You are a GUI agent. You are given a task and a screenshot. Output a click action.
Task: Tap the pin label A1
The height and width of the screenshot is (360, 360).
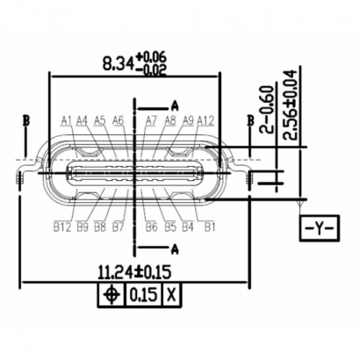(68, 120)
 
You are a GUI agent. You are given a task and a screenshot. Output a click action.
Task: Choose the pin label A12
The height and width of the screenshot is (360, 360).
(206, 120)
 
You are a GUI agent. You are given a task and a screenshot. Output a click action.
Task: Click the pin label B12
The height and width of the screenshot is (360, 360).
(61, 227)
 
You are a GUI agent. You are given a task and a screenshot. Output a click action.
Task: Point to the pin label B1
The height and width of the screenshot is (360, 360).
(210, 227)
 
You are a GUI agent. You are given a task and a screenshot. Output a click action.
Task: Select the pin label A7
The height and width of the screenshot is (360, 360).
(151, 120)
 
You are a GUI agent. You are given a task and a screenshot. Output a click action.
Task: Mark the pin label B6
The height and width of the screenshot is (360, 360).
(152, 227)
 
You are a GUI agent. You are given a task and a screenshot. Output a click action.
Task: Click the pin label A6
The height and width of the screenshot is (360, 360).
(118, 120)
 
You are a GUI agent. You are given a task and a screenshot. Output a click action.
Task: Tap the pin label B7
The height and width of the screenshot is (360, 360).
(117, 227)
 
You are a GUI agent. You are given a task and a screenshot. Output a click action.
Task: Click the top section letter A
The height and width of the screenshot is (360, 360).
(175, 104)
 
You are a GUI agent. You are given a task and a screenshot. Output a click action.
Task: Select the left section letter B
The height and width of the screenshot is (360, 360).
(26, 119)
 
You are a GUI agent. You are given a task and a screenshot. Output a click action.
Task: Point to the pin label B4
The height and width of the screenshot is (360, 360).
(188, 227)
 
